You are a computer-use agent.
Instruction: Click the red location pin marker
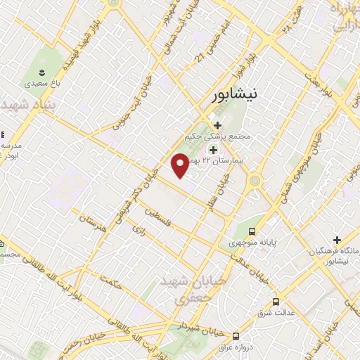180,165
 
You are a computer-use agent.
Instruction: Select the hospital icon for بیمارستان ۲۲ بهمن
212,149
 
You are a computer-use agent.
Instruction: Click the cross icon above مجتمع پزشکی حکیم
217,125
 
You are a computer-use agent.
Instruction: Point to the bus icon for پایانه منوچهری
253,231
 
